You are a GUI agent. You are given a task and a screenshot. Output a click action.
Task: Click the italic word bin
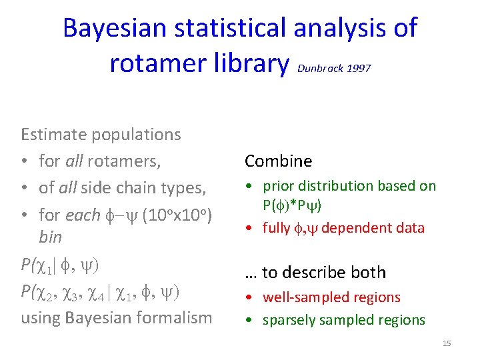(x=50, y=237)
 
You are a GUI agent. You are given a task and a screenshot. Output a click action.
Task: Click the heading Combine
(x=278, y=161)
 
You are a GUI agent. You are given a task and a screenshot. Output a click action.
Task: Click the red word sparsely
(x=288, y=320)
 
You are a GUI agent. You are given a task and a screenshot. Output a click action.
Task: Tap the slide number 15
(x=447, y=343)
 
